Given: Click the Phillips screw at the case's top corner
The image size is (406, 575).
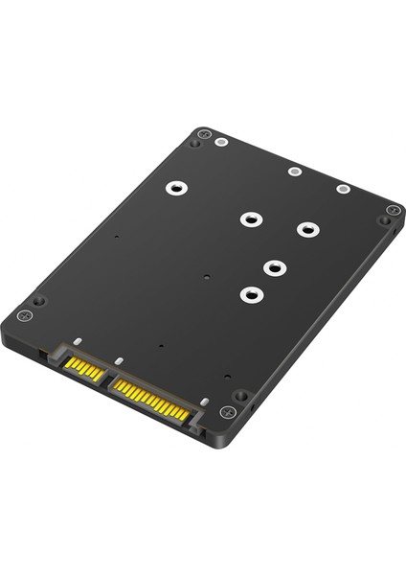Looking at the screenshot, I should (x=203, y=133).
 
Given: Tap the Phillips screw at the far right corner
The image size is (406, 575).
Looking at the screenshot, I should (x=393, y=210).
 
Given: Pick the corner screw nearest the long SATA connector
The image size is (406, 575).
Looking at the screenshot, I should (x=227, y=412).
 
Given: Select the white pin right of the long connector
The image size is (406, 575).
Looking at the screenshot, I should (x=204, y=402).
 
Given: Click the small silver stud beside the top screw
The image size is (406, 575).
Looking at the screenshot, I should (x=222, y=142).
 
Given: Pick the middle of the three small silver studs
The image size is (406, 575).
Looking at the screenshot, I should (x=294, y=172).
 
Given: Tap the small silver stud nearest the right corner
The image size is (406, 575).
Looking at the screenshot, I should (x=343, y=188).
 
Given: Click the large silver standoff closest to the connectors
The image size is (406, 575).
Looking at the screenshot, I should (x=251, y=294).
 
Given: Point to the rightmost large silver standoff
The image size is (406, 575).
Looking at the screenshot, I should (x=306, y=230).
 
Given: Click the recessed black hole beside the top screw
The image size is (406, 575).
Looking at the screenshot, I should (x=195, y=144).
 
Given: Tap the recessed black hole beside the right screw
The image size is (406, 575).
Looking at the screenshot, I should (x=384, y=221).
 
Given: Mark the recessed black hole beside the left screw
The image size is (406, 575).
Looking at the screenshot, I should (x=39, y=300).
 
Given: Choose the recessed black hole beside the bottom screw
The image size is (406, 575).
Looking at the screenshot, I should (x=240, y=395).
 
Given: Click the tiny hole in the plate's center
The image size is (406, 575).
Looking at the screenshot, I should (x=208, y=281).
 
